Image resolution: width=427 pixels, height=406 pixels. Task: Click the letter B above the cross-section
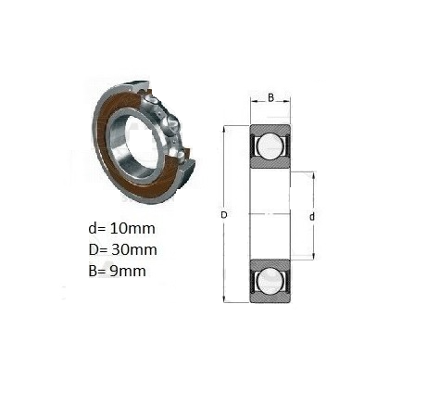pos(270,98)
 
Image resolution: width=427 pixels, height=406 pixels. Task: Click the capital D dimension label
pos(224,215)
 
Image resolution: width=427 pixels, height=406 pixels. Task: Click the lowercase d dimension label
pos(312,217)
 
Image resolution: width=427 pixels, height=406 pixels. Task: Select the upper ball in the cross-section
pos(270,146)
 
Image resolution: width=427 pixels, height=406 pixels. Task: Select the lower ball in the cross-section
pos(270,281)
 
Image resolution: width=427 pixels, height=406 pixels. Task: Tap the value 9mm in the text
pos(128,271)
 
